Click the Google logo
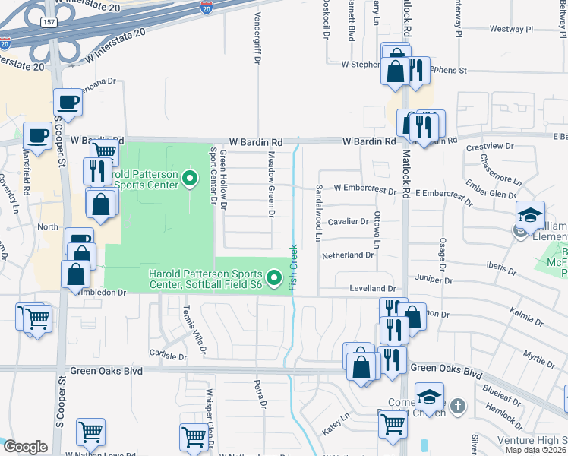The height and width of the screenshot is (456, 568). point(26,447)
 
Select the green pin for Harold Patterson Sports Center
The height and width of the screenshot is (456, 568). point(191,179)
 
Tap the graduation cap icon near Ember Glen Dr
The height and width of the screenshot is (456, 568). point(530,214)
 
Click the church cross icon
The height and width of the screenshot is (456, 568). point(457,407)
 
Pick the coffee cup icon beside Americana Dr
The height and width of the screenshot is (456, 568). point(67,102)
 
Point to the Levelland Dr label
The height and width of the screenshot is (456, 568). point(372,290)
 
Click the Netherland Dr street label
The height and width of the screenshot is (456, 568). point(349,255)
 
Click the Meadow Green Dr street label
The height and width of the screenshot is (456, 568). point(270,183)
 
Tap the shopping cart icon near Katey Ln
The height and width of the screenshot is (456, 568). point(393,423)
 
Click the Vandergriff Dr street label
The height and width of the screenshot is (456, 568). point(256,38)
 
